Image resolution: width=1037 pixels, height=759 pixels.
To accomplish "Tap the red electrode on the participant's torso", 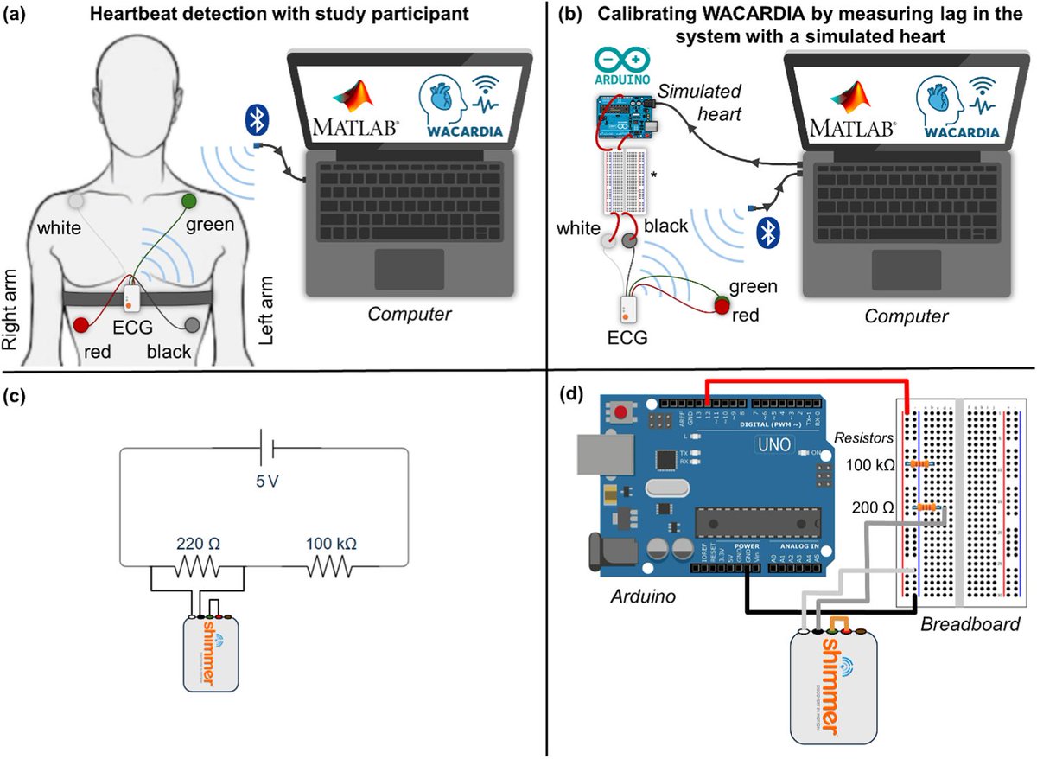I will click(x=82, y=325).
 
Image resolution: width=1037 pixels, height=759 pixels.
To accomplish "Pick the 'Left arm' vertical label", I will click(x=268, y=310).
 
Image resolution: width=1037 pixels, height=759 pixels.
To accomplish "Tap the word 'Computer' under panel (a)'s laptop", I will click(x=410, y=314).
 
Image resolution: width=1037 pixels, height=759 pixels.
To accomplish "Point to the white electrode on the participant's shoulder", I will click(x=76, y=200).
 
